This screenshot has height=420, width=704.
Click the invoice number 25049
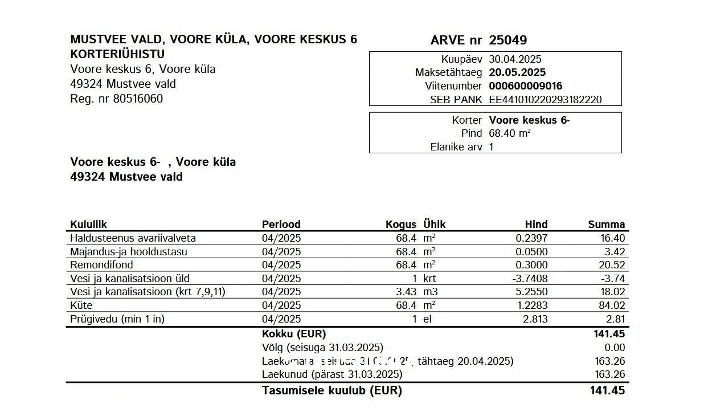[507, 40]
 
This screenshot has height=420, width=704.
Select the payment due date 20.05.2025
[517, 72]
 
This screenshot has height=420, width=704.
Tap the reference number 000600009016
[525, 86]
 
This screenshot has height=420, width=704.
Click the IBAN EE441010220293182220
[545, 100]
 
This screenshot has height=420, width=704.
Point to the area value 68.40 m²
[510, 133]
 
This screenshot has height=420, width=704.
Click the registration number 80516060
[138, 99]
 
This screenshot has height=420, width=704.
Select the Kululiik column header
[88, 224]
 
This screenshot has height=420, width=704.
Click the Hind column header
[536, 224]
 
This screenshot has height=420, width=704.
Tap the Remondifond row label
[101, 265]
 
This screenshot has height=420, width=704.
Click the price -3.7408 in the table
[530, 279]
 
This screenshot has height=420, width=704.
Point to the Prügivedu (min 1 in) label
[117, 319]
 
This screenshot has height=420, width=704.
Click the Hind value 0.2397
[531, 238]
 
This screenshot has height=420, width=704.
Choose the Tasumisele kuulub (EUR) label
[331, 391]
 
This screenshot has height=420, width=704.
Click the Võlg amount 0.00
[615, 348]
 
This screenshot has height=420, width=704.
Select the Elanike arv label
[456, 147]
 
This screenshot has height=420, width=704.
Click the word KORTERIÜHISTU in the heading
[117, 54]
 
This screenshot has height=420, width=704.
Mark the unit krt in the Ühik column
[429, 279]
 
